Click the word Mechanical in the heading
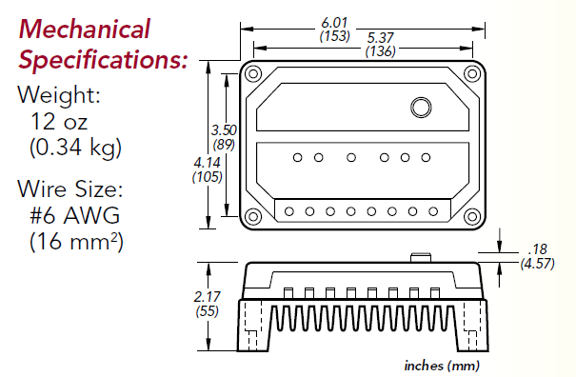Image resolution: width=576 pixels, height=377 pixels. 85,29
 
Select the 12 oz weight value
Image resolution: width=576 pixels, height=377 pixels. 59,122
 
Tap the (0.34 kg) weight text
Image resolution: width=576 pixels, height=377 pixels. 75,148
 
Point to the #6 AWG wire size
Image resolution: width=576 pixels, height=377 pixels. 74,215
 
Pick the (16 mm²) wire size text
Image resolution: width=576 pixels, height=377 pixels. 76,242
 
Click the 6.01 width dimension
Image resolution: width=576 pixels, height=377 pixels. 334,23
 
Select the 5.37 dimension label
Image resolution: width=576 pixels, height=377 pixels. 381,37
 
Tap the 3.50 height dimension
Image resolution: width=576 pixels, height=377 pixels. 224,130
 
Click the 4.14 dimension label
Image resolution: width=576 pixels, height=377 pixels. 208,163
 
